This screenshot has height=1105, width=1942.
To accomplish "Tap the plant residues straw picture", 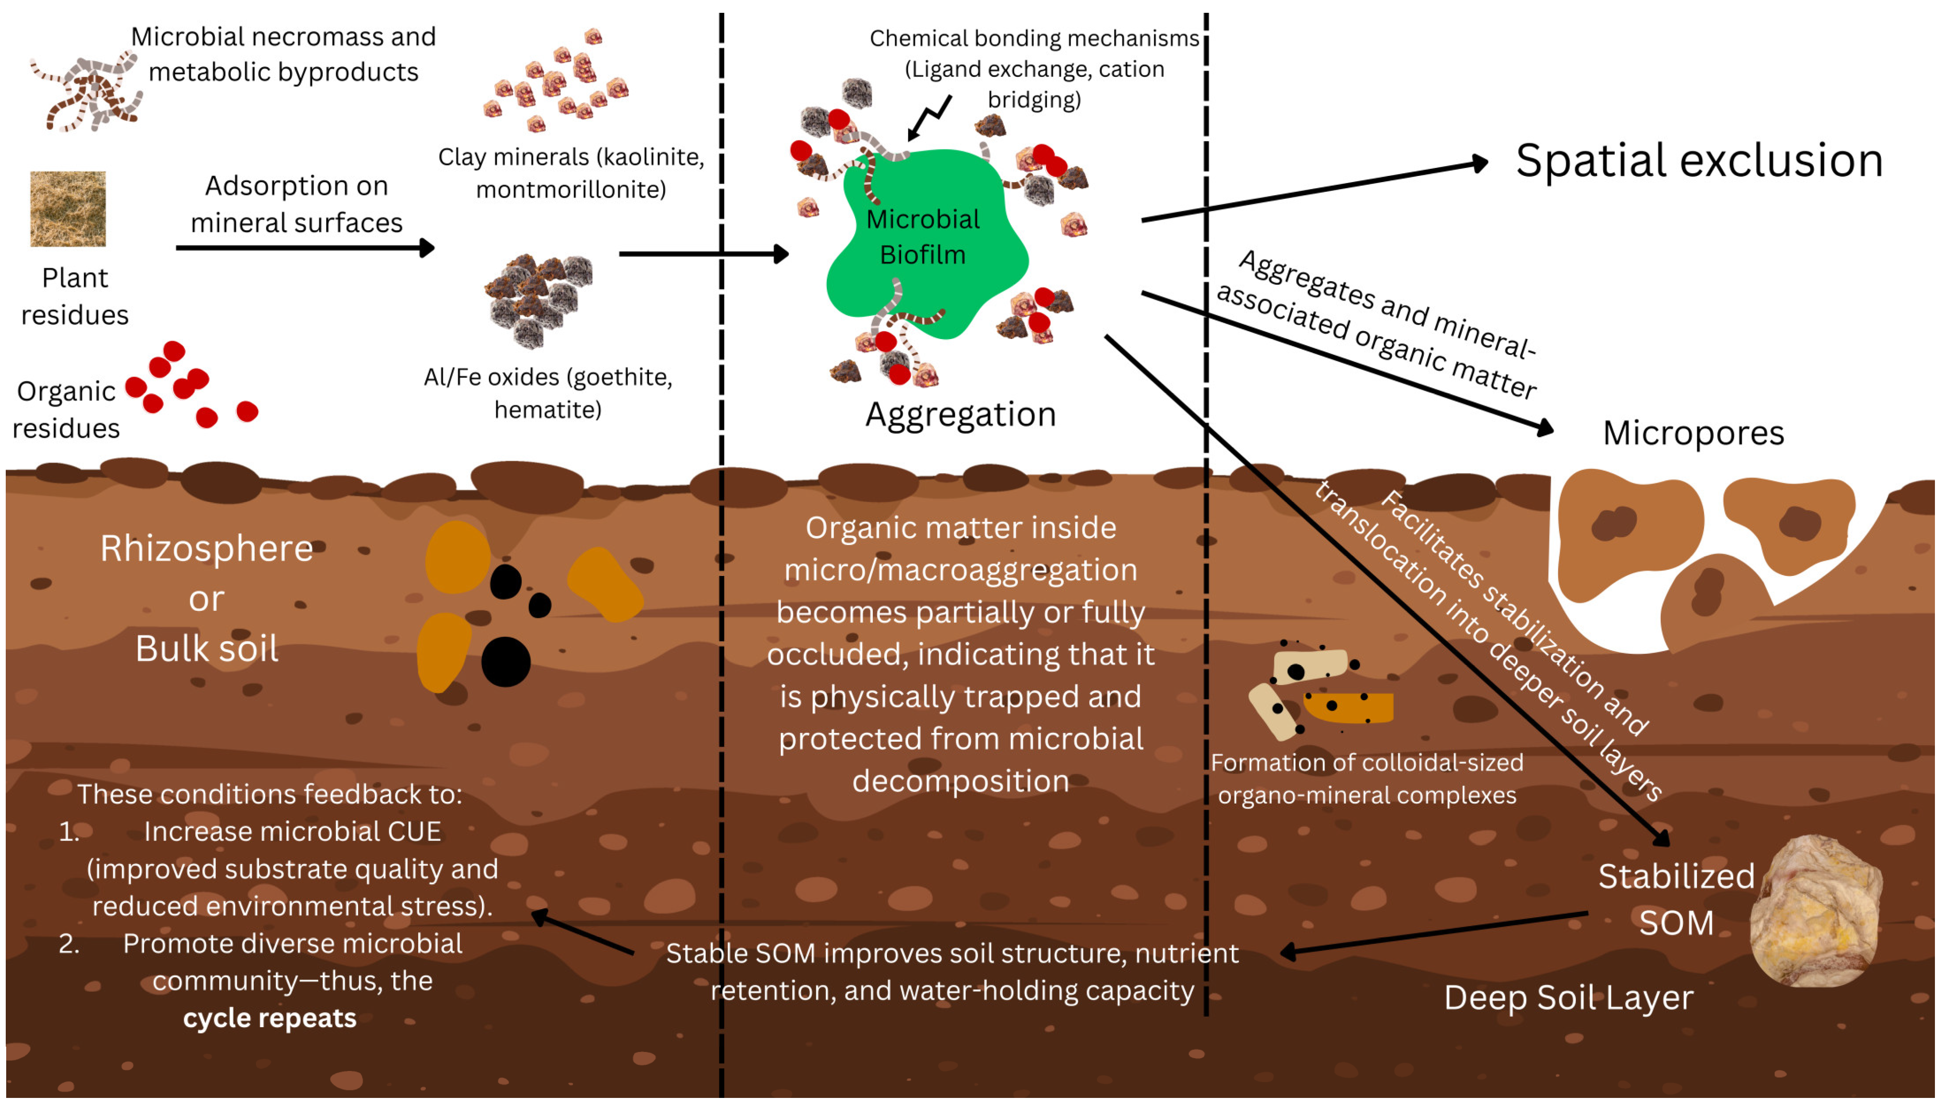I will pyautogui.click(x=68, y=209).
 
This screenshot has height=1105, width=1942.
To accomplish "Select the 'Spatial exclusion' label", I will pyautogui.click(x=1699, y=161).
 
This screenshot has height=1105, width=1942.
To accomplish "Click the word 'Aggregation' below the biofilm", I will pyautogui.click(x=960, y=415).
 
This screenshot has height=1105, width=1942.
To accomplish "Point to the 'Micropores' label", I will pyautogui.click(x=1693, y=433).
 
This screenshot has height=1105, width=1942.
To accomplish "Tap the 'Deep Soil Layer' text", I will pyautogui.click(x=1568, y=997).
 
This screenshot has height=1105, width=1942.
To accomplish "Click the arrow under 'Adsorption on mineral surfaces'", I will pyautogui.click(x=304, y=248).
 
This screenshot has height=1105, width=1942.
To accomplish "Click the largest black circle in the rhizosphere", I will pyautogui.click(x=505, y=662).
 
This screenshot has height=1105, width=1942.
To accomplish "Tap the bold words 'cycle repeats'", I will pyautogui.click(x=270, y=1018).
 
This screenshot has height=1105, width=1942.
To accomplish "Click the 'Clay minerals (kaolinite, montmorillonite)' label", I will pyautogui.click(x=571, y=173).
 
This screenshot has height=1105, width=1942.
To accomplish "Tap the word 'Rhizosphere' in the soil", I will pyautogui.click(x=206, y=549).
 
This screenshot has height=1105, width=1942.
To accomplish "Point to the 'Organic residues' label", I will pyautogui.click(x=66, y=410).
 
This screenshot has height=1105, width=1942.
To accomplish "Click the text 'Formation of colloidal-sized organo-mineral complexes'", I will pyautogui.click(x=1367, y=779).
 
